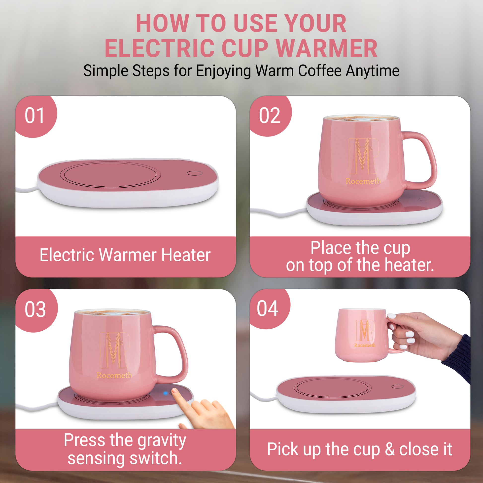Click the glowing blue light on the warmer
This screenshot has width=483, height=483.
[165, 393]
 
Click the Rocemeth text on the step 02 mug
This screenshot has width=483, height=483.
[363, 181]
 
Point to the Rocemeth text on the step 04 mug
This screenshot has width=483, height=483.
[365, 345]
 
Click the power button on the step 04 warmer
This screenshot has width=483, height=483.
[398, 386]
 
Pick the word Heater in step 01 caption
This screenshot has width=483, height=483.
[186, 255]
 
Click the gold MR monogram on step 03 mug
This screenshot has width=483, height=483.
[115, 350]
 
